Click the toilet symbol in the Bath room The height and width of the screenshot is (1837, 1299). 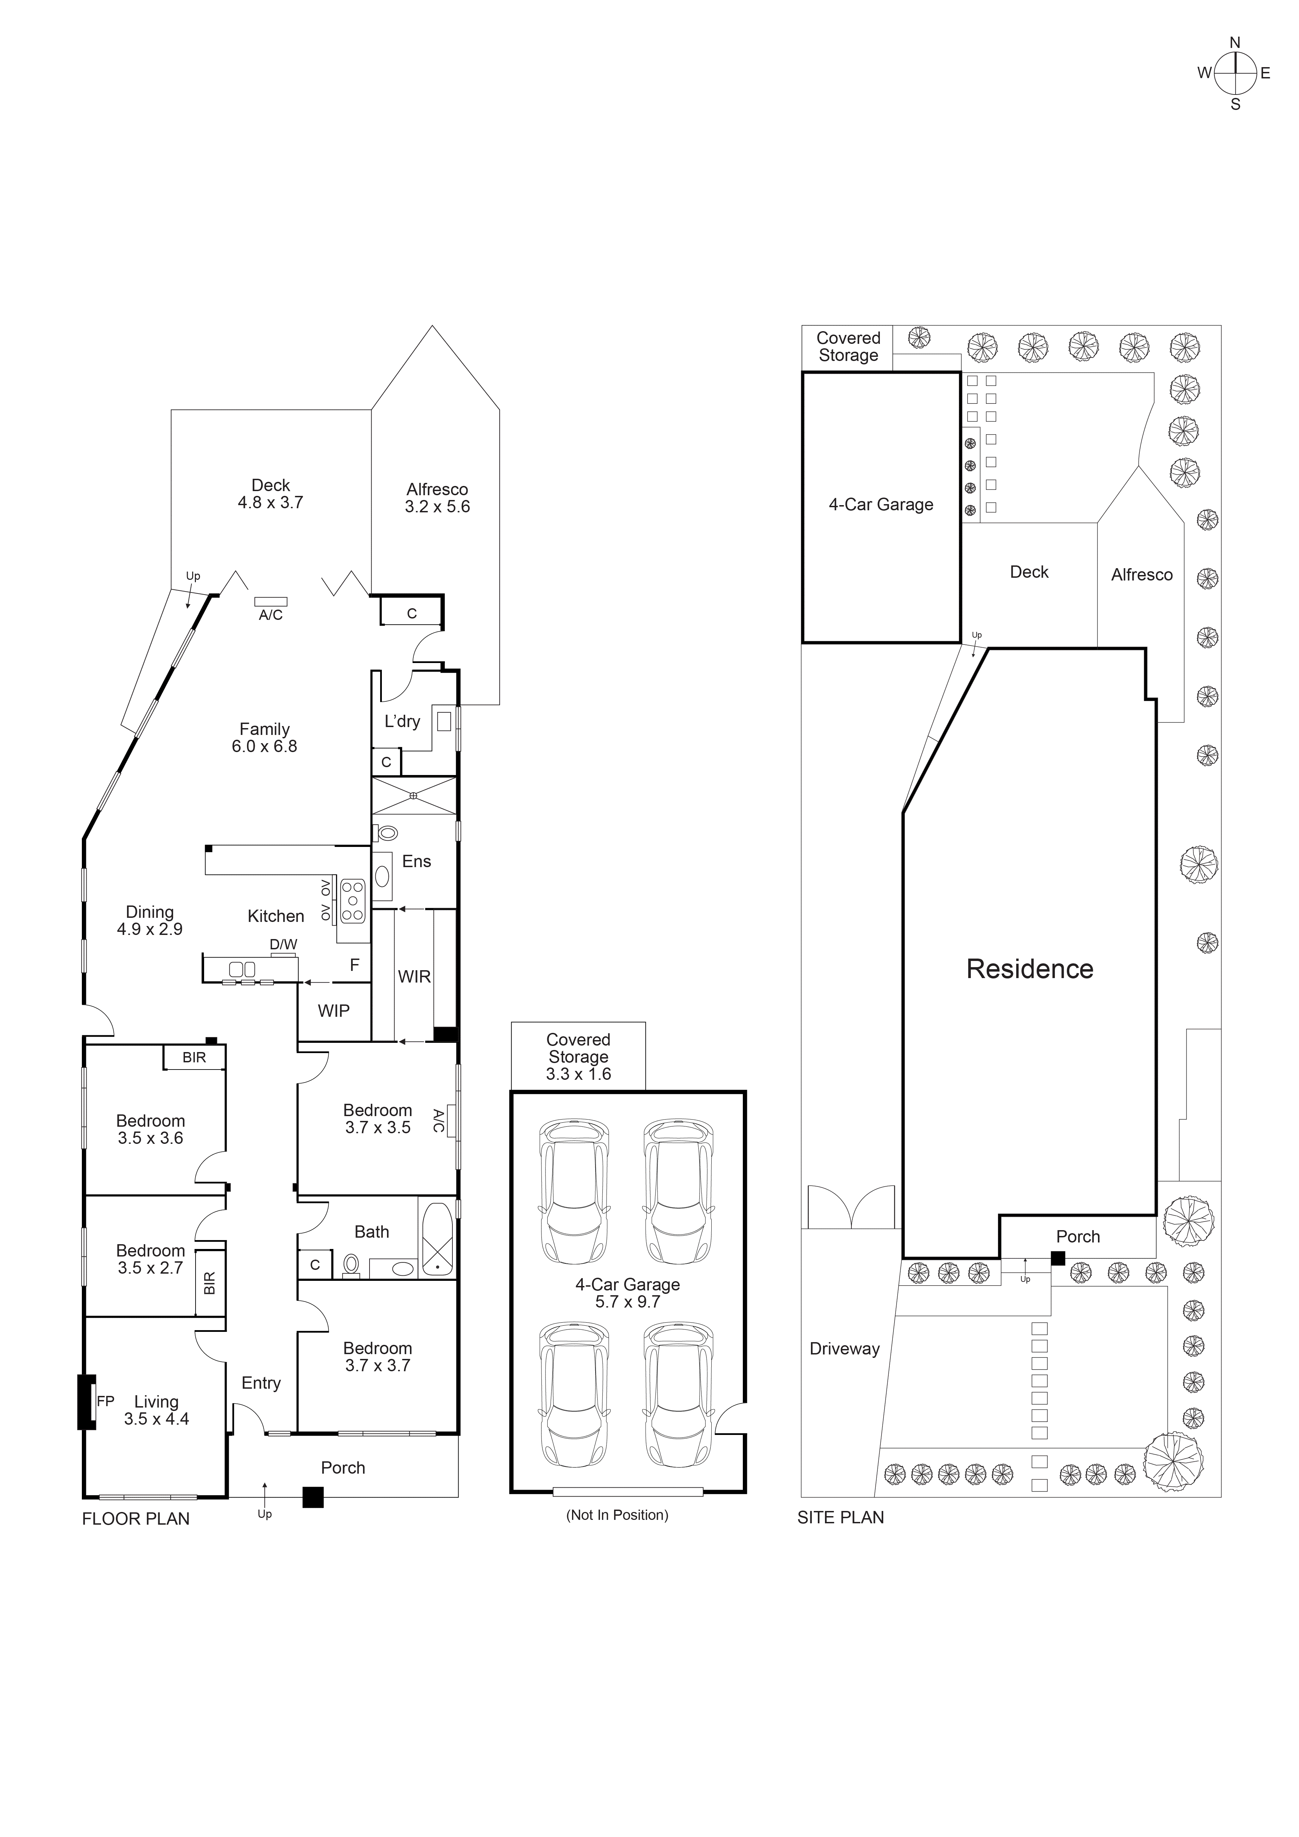pyautogui.click(x=350, y=1264)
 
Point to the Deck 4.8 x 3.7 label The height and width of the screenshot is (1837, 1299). pyautogui.click(x=270, y=493)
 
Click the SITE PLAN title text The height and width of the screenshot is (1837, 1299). pyautogui.click(x=841, y=1518)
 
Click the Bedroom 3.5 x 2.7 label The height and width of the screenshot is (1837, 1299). pyautogui.click(x=150, y=1259)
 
